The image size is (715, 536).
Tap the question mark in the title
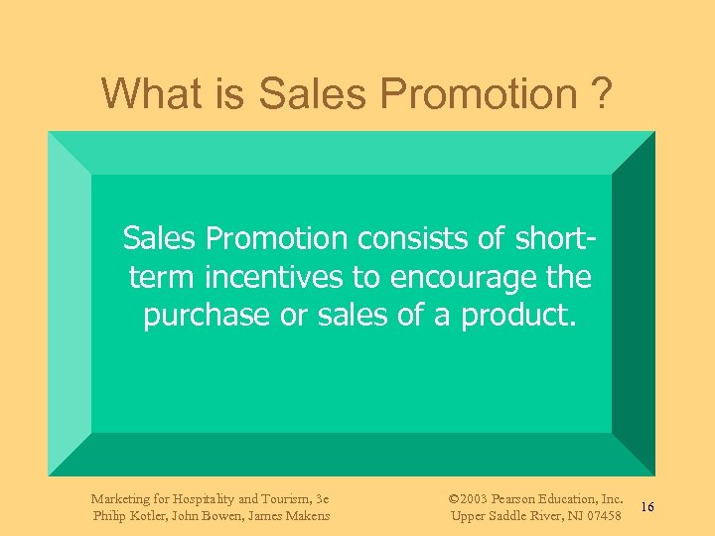pos(601,94)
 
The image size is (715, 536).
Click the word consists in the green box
pos(404,238)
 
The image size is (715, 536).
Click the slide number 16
pos(646,507)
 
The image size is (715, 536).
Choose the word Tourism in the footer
pos(289,498)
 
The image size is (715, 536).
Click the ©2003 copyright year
pos(468,498)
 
